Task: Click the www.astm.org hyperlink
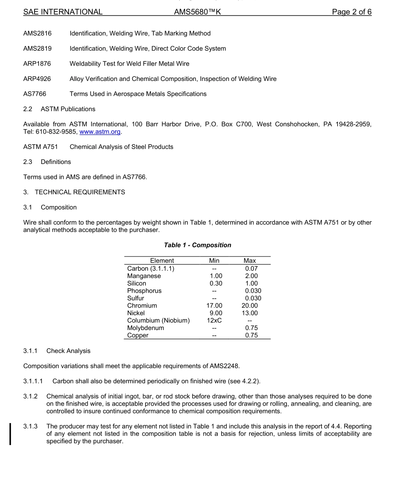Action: (x=100, y=132)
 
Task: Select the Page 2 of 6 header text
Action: (x=351, y=12)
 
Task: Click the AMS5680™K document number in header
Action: (x=197, y=12)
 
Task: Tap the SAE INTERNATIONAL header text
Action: (x=63, y=12)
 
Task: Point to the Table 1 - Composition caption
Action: (x=197, y=245)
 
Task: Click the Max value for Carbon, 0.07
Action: (x=251, y=269)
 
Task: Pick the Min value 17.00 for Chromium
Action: (x=214, y=306)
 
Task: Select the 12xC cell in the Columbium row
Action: (x=214, y=320)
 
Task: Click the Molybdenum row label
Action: (x=146, y=328)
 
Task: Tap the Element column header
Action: (x=162, y=261)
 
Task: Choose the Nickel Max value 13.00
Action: (x=249, y=313)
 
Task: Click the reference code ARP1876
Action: (x=37, y=64)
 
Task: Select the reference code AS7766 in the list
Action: (x=35, y=94)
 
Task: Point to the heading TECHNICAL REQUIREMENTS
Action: (x=80, y=192)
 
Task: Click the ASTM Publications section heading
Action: (x=68, y=109)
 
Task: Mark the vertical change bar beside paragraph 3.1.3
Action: (x=10, y=434)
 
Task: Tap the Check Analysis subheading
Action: (x=68, y=351)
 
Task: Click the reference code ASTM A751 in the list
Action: (x=41, y=147)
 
